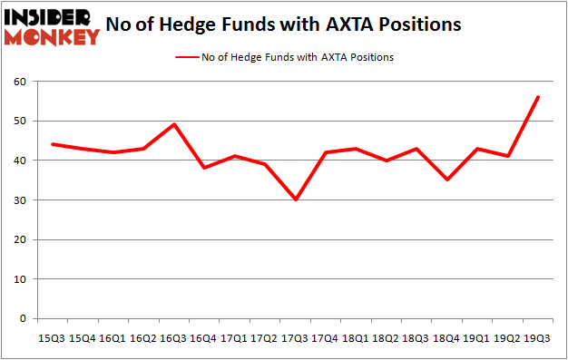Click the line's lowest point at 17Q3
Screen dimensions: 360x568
tap(296, 199)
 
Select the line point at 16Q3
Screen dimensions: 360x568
tap(172, 124)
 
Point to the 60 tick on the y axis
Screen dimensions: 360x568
tap(19, 82)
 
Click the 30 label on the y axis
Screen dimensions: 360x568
tap(19, 200)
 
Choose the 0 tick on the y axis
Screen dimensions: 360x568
tap(22, 319)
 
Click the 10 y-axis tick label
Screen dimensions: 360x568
tap(19, 279)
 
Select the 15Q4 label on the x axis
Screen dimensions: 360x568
tap(81, 337)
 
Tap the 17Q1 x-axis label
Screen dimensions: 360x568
tap(234, 337)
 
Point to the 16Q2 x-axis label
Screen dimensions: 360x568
tap(142, 337)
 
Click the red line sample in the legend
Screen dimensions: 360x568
tap(186, 56)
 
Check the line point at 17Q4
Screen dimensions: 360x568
tap(326, 152)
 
